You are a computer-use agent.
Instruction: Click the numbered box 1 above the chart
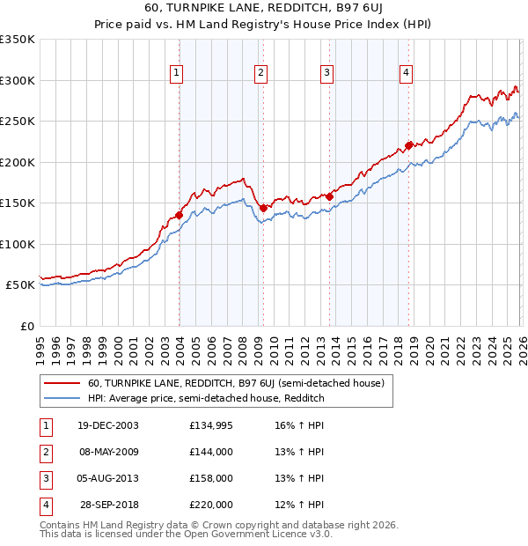pyautogui.click(x=178, y=73)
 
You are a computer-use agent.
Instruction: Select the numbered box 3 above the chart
pyautogui.click(x=326, y=73)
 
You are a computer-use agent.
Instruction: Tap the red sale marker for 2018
pyautogui.click(x=408, y=145)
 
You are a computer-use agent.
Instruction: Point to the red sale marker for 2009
pyautogui.click(x=263, y=208)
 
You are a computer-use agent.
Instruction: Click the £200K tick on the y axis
pyautogui.click(x=18, y=162)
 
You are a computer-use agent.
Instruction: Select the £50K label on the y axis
pyautogui.click(x=21, y=285)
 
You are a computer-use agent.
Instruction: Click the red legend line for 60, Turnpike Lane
pyautogui.click(x=61, y=383)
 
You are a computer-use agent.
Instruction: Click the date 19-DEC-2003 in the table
pyautogui.click(x=109, y=425)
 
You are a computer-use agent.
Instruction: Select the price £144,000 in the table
pyautogui.click(x=211, y=452)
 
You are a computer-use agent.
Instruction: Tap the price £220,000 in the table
pyautogui.click(x=211, y=505)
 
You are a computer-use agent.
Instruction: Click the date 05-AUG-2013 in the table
pyautogui.click(x=109, y=478)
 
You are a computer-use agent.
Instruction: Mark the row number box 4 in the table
pyautogui.click(x=44, y=505)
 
